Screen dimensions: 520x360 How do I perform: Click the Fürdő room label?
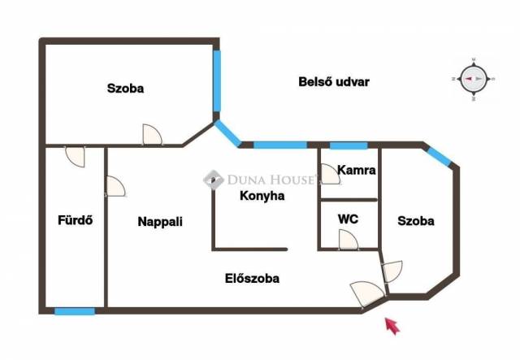click(x=76, y=220)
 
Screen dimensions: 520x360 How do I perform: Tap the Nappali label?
click(x=160, y=222)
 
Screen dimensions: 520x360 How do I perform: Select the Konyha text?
click(x=262, y=196)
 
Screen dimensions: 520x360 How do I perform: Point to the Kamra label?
click(x=357, y=170)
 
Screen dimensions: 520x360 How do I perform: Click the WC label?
click(x=348, y=219)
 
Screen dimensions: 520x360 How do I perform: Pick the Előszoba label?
click(x=252, y=279)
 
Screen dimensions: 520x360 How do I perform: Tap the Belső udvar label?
click(x=334, y=82)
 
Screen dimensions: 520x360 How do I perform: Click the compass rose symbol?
click(x=474, y=79)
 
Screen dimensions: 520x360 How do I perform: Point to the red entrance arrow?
click(x=392, y=326)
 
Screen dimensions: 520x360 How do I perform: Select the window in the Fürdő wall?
click(x=75, y=311)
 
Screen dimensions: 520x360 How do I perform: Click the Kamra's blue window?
click(x=349, y=145)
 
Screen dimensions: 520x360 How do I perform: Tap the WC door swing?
click(x=349, y=240)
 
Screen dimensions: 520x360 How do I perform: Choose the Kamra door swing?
click(x=328, y=174)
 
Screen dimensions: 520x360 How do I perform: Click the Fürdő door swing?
click(x=76, y=156)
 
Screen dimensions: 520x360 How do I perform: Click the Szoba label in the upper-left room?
click(x=126, y=89)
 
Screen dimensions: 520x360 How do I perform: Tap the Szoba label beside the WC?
click(x=416, y=221)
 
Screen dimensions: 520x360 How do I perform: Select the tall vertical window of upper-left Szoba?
click(x=217, y=80)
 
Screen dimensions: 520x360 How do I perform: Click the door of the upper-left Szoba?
click(x=152, y=135)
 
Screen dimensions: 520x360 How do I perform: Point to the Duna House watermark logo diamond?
click(x=214, y=180)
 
